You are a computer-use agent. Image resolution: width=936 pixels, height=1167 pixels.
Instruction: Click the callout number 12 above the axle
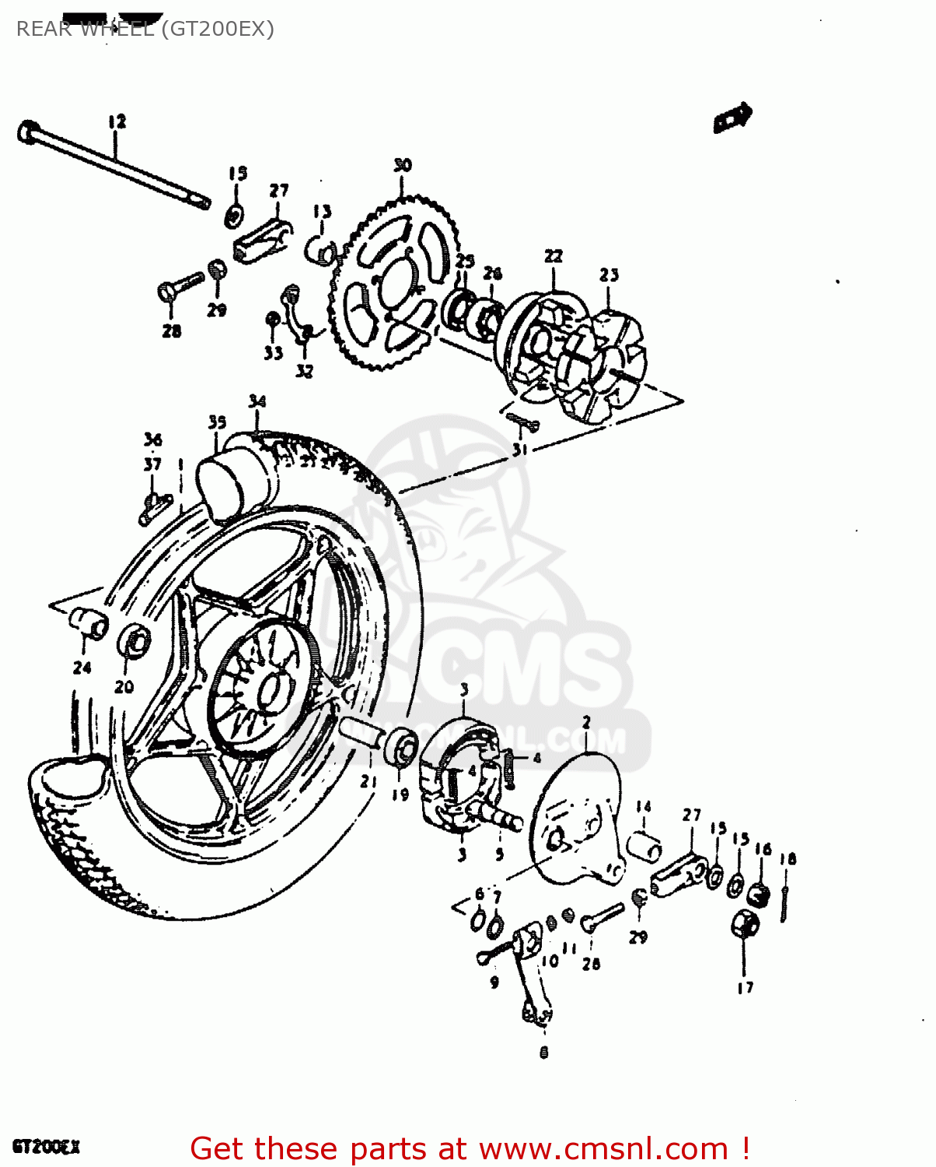click(117, 122)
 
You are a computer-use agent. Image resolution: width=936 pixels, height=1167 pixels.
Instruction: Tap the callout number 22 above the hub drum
click(553, 256)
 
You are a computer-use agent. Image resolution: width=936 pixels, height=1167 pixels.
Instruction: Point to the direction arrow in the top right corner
click(732, 118)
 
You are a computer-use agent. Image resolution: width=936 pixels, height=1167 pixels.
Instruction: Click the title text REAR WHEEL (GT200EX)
click(145, 29)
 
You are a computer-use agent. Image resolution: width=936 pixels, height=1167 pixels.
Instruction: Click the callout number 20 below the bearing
click(124, 686)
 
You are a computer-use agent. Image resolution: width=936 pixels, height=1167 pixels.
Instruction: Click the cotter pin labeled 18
click(786, 902)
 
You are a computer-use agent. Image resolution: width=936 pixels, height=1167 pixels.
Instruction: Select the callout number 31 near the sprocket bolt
click(519, 450)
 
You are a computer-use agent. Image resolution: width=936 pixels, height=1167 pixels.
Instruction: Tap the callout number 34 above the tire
click(257, 401)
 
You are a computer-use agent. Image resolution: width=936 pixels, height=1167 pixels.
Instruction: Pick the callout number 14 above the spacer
click(643, 807)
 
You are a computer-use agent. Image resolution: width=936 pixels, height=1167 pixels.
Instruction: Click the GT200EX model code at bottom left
click(46, 1147)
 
